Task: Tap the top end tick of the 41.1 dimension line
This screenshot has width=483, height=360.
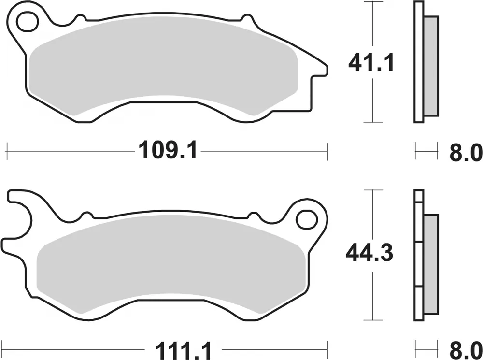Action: click(371, 2)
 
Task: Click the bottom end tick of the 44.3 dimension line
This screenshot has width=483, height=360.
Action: click(371, 320)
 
